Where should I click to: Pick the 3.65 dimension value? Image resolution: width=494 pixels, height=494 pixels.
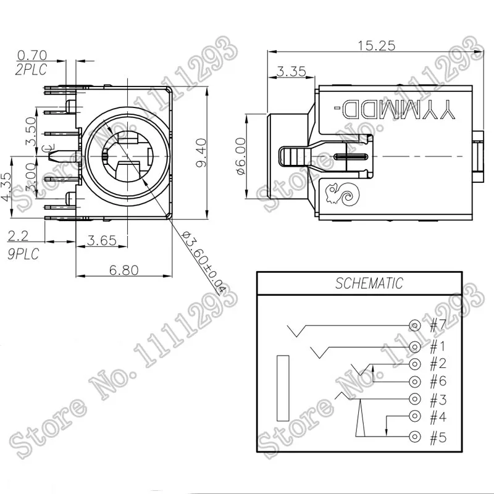click(x=102, y=240)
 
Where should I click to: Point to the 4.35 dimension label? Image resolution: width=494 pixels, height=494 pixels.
click(x=7, y=186)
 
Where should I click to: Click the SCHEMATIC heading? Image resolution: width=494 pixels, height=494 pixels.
click(x=369, y=284)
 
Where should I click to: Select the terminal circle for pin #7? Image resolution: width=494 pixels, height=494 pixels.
click(x=415, y=325)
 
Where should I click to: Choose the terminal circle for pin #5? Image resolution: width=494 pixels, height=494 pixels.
click(x=415, y=437)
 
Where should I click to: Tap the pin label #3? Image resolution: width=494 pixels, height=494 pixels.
click(x=437, y=400)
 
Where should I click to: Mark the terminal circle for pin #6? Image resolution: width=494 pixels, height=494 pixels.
click(x=415, y=381)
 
